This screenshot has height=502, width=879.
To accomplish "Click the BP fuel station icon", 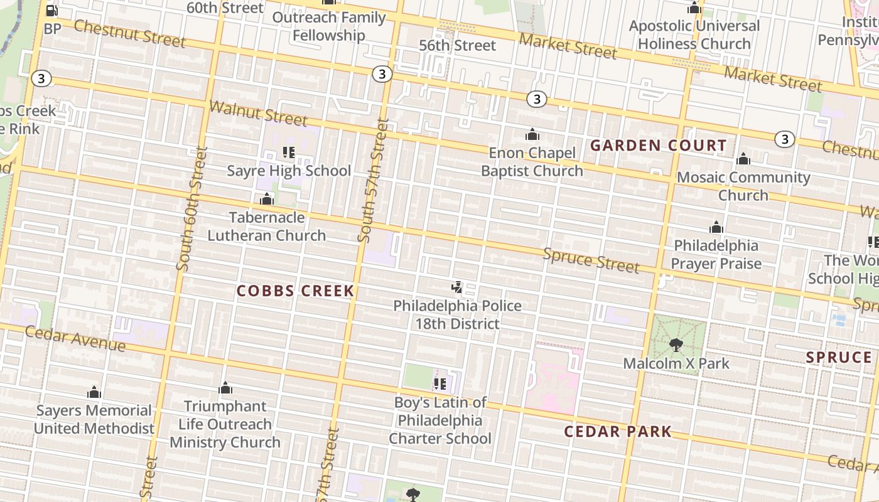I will [52, 11].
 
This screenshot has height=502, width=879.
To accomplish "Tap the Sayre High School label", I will [289, 171].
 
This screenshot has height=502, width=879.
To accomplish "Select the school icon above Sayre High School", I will [289, 152].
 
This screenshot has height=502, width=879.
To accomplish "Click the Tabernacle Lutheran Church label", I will [266, 227].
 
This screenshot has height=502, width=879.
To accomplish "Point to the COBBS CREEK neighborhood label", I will [296, 291].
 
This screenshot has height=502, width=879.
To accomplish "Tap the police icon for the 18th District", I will [457, 288].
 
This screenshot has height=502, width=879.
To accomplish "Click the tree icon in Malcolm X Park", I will [676, 344].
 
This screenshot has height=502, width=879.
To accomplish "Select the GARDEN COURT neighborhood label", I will [659, 146].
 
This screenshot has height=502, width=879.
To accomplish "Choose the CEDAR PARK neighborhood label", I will [618, 432].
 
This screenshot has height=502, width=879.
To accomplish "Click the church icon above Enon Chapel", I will [532, 134].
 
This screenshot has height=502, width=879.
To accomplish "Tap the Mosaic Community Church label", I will [743, 186].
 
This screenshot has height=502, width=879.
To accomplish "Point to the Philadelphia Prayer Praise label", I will [716, 254].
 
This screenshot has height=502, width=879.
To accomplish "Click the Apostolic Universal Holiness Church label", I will [694, 35].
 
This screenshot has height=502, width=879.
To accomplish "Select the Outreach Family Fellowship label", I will [328, 26].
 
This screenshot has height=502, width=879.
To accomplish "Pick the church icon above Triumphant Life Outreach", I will [225, 388].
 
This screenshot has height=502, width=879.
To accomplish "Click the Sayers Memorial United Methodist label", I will [94, 420].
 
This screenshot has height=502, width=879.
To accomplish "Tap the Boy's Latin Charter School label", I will [440, 420].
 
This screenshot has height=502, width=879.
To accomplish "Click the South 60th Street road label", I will [191, 209].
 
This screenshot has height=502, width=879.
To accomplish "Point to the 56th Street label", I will [458, 45].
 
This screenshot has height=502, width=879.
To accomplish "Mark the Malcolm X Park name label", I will [676, 363].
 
